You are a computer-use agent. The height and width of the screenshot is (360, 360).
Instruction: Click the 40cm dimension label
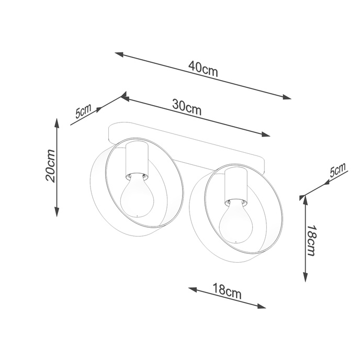(x=204, y=69)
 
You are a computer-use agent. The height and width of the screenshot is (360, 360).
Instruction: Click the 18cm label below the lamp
(x=227, y=290)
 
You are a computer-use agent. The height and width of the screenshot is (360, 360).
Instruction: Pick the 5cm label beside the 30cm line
(x=83, y=111)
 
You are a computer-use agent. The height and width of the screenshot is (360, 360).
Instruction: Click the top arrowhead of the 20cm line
(x=57, y=122)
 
